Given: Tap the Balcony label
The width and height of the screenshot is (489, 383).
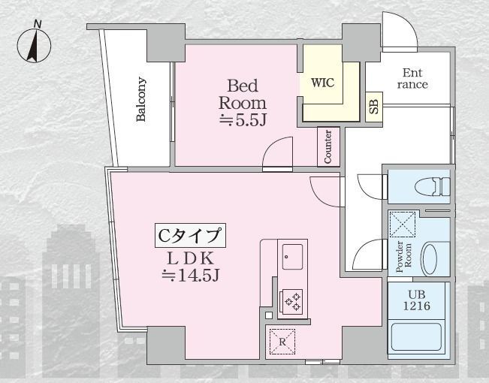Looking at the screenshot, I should [x=142, y=99].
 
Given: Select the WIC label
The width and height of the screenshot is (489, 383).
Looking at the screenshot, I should [x=322, y=82].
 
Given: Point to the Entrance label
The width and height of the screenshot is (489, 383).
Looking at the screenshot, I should [x=412, y=79].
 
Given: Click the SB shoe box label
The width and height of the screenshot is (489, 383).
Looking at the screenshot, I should [x=373, y=107].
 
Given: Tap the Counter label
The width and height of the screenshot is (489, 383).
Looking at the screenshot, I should [x=328, y=146].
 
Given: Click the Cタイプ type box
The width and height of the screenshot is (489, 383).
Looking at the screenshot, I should [x=191, y=236].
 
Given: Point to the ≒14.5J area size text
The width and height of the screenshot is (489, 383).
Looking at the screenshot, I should [x=191, y=276].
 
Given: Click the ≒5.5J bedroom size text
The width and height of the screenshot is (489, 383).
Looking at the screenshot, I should [x=243, y=120].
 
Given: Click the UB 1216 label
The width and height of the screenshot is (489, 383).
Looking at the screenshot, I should [x=418, y=300].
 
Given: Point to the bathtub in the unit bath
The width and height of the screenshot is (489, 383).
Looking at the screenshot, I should [x=418, y=338].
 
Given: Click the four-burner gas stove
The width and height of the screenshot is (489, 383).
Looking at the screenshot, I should [x=291, y=301].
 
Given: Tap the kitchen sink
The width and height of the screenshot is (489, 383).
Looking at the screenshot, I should [x=291, y=257].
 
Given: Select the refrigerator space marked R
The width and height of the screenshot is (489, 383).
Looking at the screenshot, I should [x=282, y=340].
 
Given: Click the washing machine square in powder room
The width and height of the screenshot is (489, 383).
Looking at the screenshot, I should [x=403, y=222].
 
